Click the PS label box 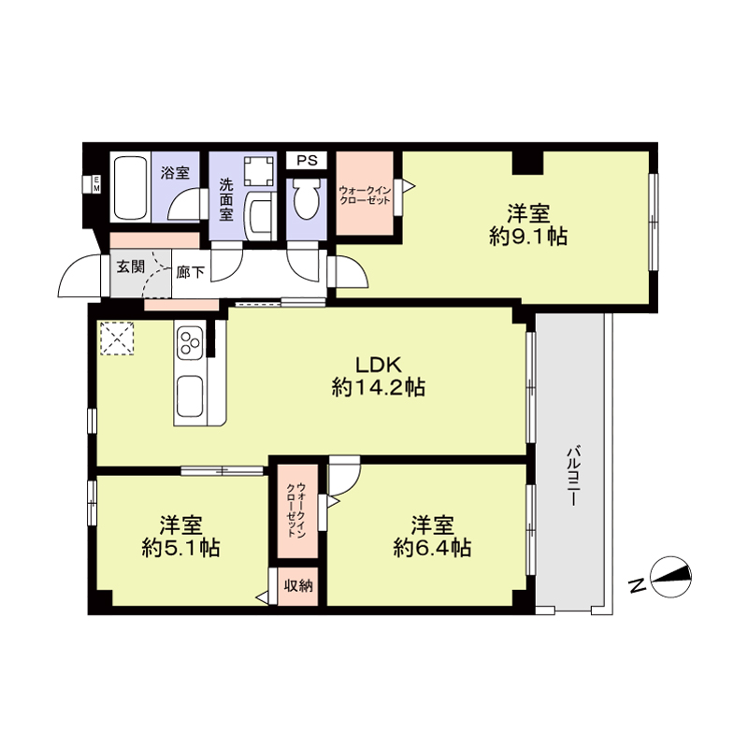[307, 160]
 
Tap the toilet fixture [306, 199]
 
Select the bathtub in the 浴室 [129, 187]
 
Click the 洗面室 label [226, 199]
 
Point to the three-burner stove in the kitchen [191, 342]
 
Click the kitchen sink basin [190, 396]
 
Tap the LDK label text [380, 365]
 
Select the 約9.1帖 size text [528, 237]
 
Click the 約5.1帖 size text [180, 548]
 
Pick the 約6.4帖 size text [433, 548]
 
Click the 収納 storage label [298, 585]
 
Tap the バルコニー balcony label [573, 476]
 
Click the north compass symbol [670, 577]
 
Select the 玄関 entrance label [131, 266]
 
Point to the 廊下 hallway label [191, 272]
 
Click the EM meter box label [96, 184]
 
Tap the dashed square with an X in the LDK [117, 338]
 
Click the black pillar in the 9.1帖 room [527, 162]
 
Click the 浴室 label [175, 173]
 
